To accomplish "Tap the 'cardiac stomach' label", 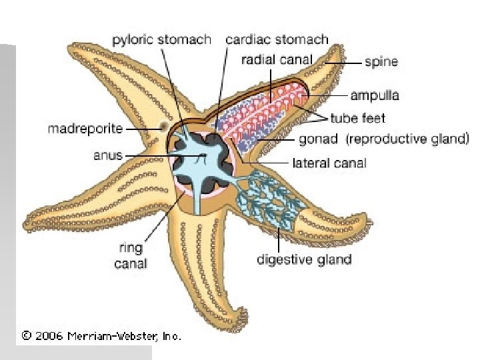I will [x=277, y=40].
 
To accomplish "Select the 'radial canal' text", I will [x=276, y=59].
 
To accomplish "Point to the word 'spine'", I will [x=381, y=62].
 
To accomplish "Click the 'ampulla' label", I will [x=375, y=95].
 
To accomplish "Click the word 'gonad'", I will [x=319, y=140].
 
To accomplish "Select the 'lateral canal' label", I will [x=329, y=162].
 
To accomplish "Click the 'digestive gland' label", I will [x=304, y=259].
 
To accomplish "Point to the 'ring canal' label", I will [x=130, y=256].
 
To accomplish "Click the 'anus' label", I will [x=108, y=155].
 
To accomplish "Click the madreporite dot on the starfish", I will [x=163, y=127].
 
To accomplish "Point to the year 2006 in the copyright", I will [x=49, y=336].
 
